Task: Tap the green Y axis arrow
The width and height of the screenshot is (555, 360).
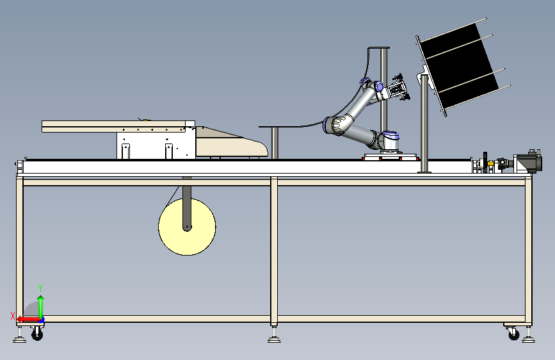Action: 41,307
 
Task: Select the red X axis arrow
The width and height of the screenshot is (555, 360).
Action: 29,320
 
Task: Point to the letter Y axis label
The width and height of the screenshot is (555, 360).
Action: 40,288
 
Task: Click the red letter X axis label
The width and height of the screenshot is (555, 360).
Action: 13,316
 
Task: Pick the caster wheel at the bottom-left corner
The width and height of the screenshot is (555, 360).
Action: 37,334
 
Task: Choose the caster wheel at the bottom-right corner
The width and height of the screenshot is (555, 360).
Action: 513,334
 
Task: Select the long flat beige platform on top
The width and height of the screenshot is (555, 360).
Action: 118,126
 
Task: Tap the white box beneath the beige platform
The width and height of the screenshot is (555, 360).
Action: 156,145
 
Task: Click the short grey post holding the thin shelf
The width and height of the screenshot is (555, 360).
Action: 275,143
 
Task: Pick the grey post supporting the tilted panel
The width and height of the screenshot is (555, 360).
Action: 424,123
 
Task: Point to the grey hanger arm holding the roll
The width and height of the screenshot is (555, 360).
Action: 187,204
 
